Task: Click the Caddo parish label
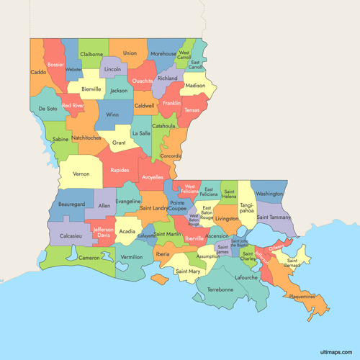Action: point(38,72)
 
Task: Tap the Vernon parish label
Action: point(81,174)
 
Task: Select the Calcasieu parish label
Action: point(71,235)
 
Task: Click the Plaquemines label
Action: point(302,297)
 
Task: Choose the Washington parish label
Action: point(269,194)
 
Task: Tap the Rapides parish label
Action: point(120,171)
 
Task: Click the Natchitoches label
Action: point(86,137)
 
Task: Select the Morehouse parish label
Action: point(163,53)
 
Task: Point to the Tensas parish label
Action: point(192,110)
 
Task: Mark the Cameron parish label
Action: point(89,258)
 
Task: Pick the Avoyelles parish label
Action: point(153,176)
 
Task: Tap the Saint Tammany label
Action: point(274,217)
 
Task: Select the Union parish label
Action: point(130,53)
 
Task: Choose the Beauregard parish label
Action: point(71,204)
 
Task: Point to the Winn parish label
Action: point(112,114)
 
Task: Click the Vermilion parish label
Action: point(132,257)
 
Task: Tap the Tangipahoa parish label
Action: point(246,208)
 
